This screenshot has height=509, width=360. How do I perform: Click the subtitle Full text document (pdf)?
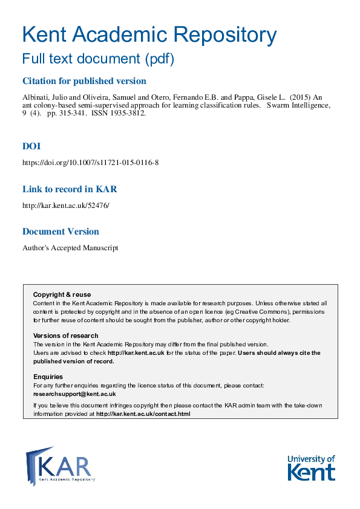98,59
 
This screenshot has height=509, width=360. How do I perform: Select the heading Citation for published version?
84,81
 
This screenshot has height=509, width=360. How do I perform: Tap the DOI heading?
31,146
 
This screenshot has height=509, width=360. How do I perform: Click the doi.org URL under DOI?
90,163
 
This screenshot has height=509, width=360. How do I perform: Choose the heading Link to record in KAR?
69,189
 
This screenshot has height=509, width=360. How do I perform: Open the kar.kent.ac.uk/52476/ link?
66,206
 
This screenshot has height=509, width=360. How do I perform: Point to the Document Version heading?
61,232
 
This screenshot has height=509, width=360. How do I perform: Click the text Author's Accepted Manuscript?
70,248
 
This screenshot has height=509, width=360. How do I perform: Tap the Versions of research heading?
65,336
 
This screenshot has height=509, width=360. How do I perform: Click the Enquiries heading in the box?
48,377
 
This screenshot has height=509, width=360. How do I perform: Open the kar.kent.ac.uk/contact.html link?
143,414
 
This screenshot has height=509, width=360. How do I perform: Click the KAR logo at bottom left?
60,465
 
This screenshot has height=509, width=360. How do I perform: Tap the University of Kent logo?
310,467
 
